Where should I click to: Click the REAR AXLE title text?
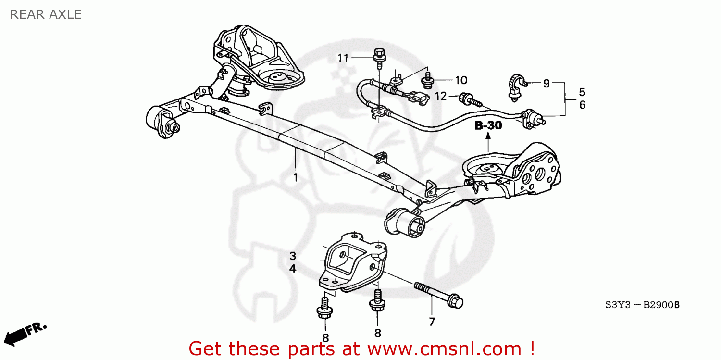46,14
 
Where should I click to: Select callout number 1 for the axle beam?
296,178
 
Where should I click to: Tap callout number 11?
342,58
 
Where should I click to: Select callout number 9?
546,83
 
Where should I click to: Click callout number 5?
582,91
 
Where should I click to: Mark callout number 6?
582,104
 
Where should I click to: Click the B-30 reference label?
488,126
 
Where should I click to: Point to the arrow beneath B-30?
488,142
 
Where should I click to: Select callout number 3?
292,256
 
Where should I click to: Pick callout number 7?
431,322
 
